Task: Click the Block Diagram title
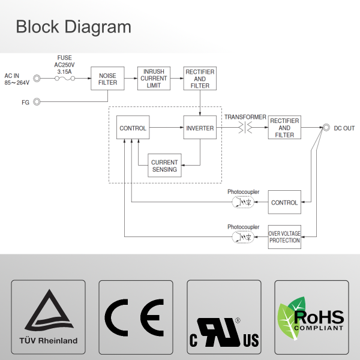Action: coord(73,26)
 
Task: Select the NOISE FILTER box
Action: coord(107,79)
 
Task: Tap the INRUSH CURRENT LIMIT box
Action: coord(154,79)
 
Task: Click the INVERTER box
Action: coord(199,128)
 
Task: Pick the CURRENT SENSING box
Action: coord(164,166)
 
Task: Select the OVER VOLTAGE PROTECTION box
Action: coord(284,237)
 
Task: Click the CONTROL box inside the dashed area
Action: coord(133,128)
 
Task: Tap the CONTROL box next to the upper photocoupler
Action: coord(284,202)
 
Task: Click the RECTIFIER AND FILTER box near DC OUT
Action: coord(284,128)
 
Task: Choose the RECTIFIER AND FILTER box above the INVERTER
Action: coord(199,79)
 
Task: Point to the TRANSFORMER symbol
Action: coord(245,128)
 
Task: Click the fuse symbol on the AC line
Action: coord(64,79)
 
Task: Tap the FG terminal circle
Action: coord(37,102)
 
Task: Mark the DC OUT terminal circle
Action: coord(326,128)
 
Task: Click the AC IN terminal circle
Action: coord(37,79)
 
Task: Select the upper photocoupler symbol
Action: coord(243,202)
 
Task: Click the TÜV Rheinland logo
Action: coord(50,316)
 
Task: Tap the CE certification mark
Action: coord(136,316)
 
